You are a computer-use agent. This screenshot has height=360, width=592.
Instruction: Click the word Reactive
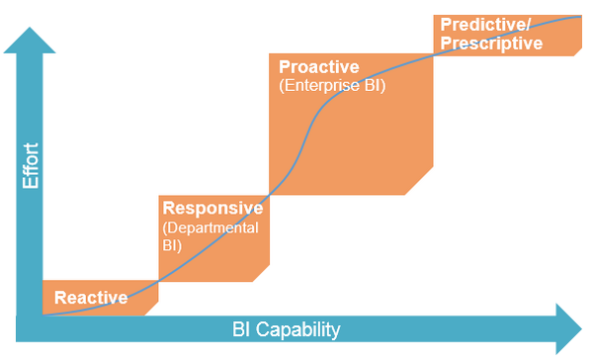coord(91,298)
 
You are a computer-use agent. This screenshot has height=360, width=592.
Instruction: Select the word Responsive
coord(212,209)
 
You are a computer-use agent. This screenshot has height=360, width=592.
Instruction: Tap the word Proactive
coord(319,67)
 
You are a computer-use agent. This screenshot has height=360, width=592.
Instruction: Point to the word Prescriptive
coord(491,43)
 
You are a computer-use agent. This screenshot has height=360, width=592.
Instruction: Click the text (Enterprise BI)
coord(332,86)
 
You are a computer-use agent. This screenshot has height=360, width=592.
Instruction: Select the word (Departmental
coord(211,227)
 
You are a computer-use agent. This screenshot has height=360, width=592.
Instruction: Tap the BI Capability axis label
coord(287,329)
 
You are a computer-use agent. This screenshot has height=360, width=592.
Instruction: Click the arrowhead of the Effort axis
coord(31,41)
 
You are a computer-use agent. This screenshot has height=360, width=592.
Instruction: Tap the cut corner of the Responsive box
coord(263,273)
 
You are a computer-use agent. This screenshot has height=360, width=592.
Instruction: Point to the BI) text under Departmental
coord(172,245)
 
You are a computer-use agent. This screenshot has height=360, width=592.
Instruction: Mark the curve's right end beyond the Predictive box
coord(579,16)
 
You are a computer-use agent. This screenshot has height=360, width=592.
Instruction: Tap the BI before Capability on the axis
coord(242,329)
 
